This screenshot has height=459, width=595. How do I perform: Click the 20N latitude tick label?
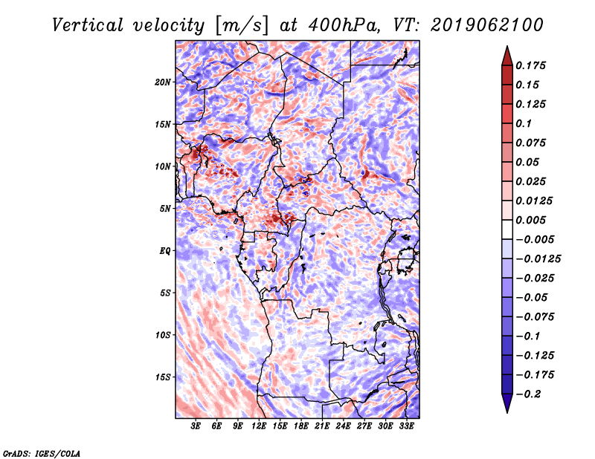pos(163,82)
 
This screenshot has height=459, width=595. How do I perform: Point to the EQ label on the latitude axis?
pos(165,251)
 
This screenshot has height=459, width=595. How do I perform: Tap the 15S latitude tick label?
pos(163,377)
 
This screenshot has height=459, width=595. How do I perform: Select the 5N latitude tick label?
pos(165,209)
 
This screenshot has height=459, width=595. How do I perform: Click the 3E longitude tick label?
pos(196,426)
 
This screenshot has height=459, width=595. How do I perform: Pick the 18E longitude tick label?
pos(301,426)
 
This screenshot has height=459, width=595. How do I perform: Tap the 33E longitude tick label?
pos(406,426)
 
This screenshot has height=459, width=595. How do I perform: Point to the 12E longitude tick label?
pos(260,426)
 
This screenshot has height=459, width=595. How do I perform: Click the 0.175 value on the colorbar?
pos(533,65)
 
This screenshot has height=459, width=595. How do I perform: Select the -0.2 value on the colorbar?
pos(530,394)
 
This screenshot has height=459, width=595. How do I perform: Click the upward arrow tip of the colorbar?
pos(506,48)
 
